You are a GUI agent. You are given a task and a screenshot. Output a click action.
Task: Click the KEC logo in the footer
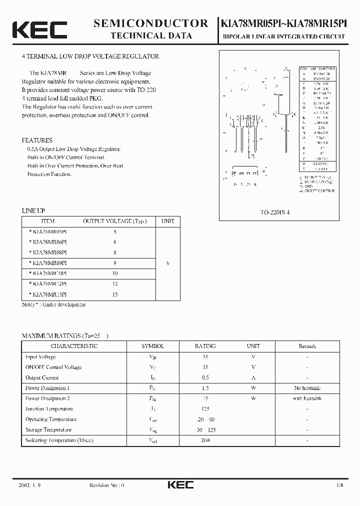tap(180, 484)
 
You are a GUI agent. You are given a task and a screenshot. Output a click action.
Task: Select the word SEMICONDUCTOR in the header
tap(151, 23)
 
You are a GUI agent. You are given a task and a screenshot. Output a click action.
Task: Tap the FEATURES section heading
tap(37, 140)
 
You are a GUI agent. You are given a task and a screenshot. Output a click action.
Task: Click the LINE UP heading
tap(33, 211)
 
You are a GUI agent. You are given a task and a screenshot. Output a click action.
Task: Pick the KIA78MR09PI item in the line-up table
tap(49, 262)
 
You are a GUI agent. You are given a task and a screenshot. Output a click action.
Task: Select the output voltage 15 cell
tap(115, 294)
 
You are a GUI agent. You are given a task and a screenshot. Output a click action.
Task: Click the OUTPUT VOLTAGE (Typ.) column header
tap(114, 221)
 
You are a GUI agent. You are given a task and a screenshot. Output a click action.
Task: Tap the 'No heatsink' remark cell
tap(307, 388)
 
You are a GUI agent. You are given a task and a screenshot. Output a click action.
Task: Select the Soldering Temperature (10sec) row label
tap(59, 440)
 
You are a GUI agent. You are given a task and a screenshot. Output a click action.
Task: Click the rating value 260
tap(205, 440)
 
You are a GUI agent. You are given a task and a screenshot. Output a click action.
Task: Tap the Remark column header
tap(307, 346)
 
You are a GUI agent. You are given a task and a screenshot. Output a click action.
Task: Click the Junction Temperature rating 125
tap(205, 409)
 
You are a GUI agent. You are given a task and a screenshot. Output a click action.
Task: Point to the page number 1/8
tap(340, 485)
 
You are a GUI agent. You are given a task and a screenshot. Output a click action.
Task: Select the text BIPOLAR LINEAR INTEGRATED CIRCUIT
tap(284, 36)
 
